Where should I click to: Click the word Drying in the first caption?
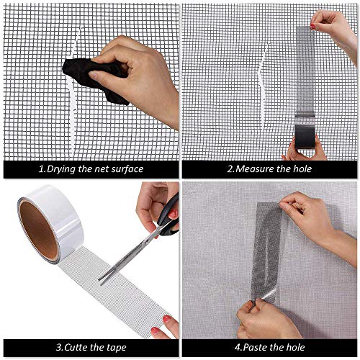(x=60, y=169)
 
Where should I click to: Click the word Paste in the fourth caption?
(x=251, y=348)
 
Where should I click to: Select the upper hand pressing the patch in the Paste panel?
(x=317, y=216)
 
